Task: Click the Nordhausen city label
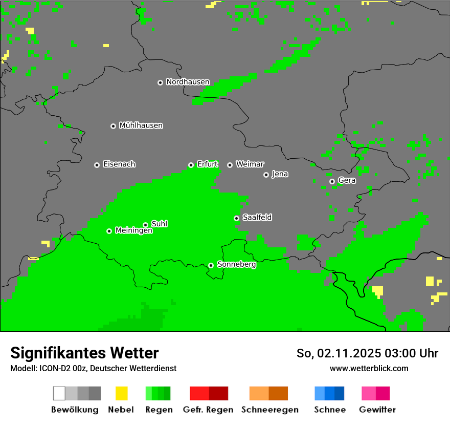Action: pyautogui.click(x=188, y=82)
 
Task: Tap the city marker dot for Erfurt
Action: pyautogui.click(x=191, y=165)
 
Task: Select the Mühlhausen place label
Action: pyautogui.click(x=141, y=125)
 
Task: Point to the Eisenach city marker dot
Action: pyautogui.click(x=97, y=165)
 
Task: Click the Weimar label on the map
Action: pyautogui.click(x=250, y=164)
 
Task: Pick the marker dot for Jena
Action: pyautogui.click(x=266, y=175)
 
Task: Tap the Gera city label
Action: pyautogui.click(x=347, y=181)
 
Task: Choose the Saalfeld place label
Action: pyautogui.click(x=257, y=218)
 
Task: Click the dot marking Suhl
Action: pyautogui.click(x=145, y=225)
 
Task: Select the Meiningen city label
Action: pyautogui.click(x=134, y=231)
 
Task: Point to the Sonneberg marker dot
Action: pyautogui.click(x=211, y=265)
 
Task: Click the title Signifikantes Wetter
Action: pyautogui.click(x=84, y=353)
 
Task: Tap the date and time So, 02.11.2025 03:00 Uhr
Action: pyautogui.click(x=367, y=353)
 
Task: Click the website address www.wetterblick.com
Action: pyautogui.click(x=369, y=368)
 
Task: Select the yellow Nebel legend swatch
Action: pyautogui.click(x=121, y=393)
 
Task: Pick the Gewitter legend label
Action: pyautogui.click(x=377, y=410)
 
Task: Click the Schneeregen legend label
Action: pyautogui.click(x=268, y=410)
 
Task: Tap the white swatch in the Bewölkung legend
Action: pyautogui.click(x=59, y=393)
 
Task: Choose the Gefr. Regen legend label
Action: pyautogui.click(x=208, y=410)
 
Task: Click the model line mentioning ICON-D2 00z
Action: pyautogui.click(x=93, y=368)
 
